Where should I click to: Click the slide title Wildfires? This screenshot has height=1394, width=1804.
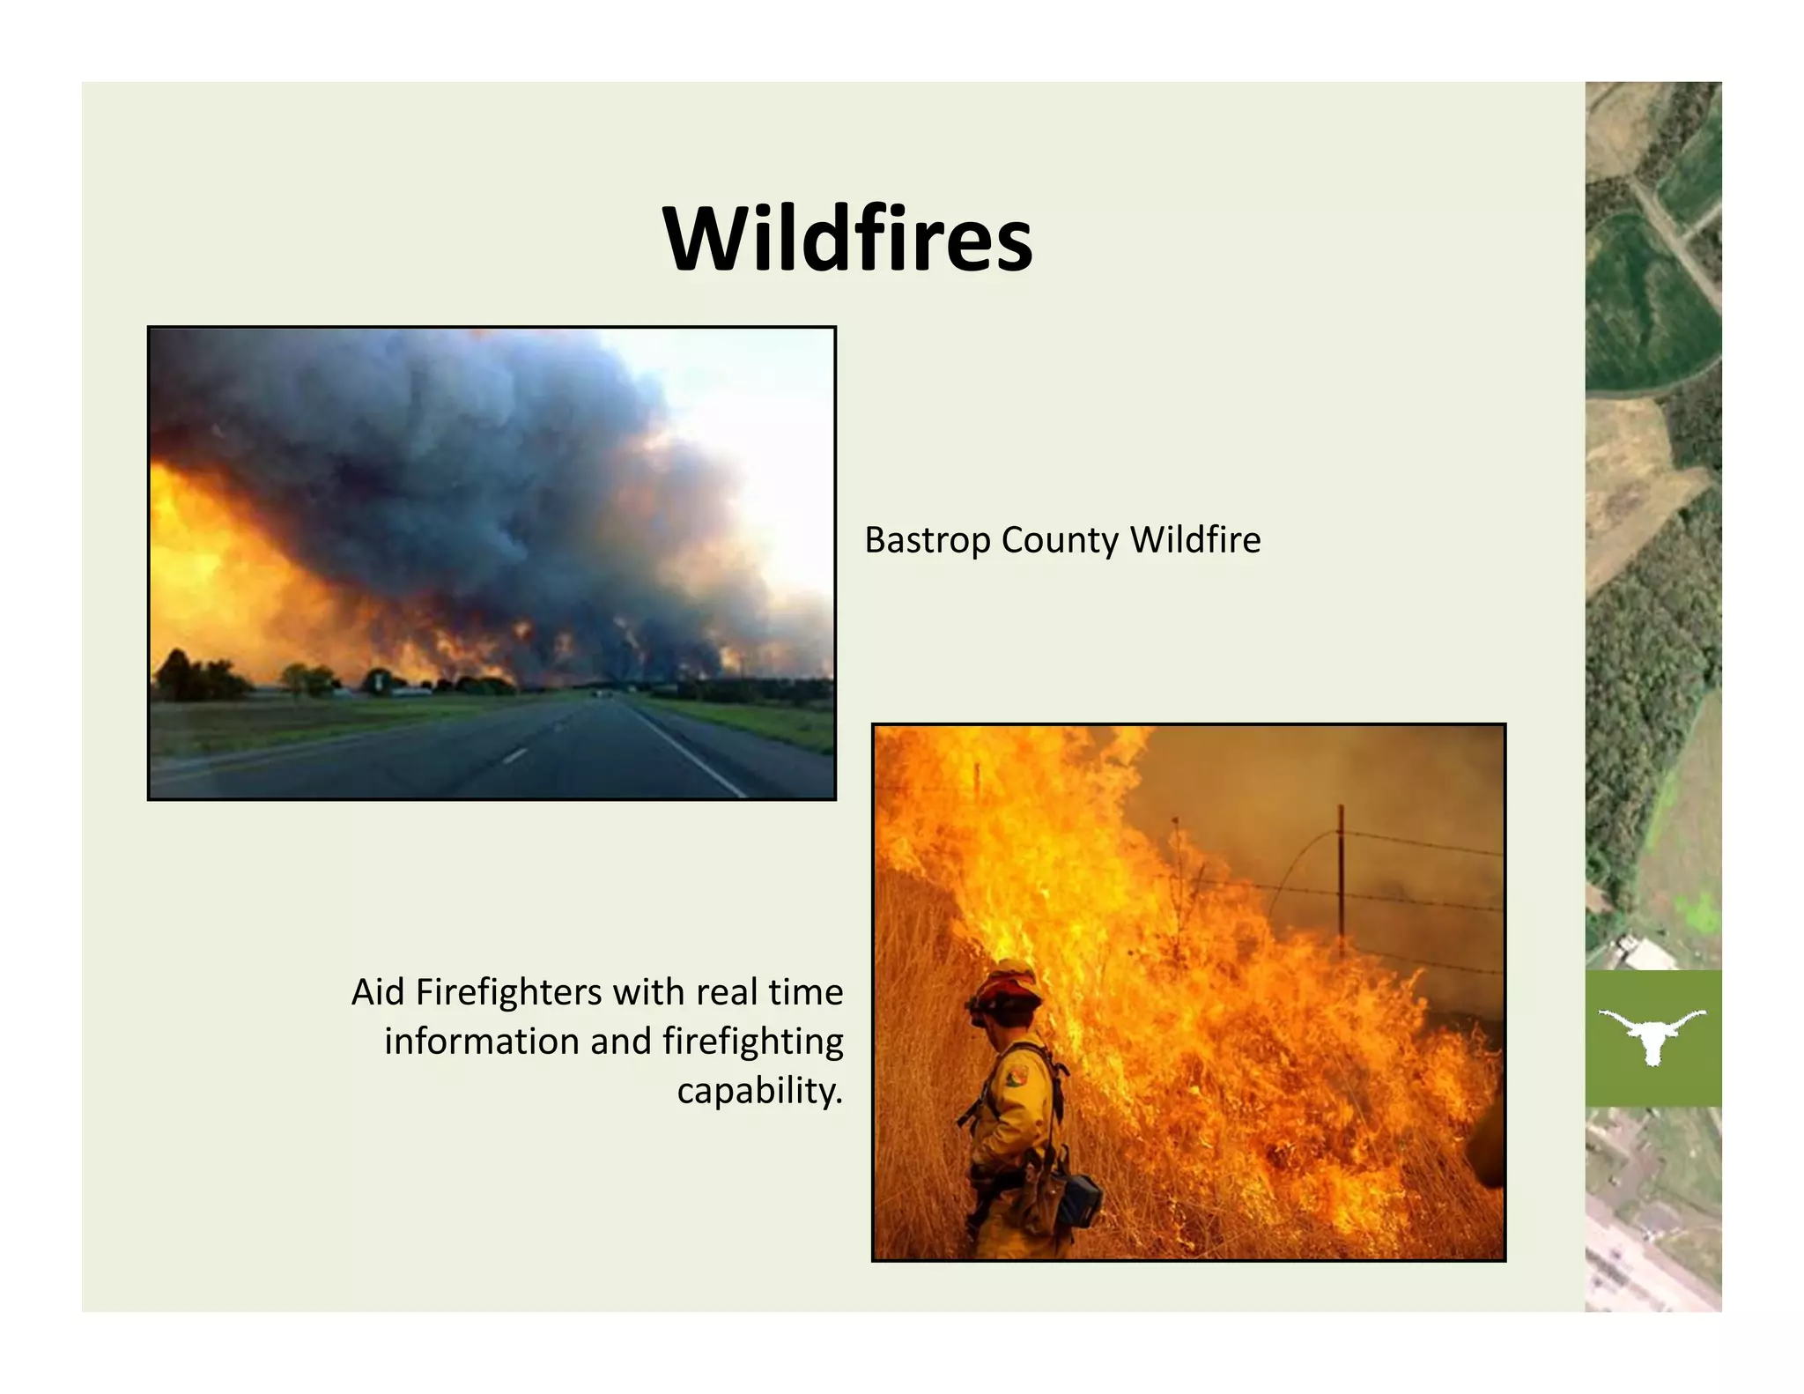point(847,240)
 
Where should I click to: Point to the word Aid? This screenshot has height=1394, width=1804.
point(378,993)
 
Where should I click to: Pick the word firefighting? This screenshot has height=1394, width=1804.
point(753,1042)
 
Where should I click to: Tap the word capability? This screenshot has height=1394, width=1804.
point(758,1092)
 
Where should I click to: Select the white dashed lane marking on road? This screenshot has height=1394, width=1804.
point(516,755)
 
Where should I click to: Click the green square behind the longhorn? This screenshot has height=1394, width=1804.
point(1612,1084)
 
